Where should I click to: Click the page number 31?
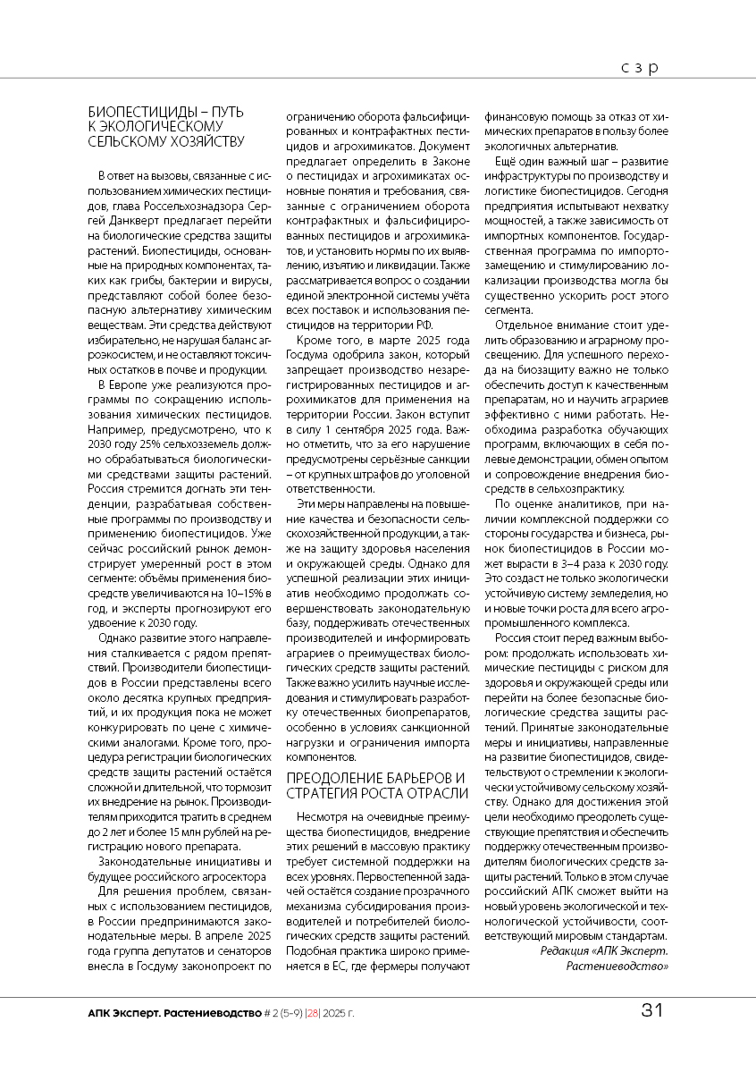tap(651, 1011)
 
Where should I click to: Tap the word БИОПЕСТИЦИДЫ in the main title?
tap(144, 112)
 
